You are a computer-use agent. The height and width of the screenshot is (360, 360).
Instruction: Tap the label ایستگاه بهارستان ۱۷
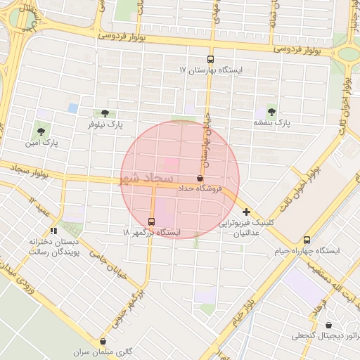pos(211,71)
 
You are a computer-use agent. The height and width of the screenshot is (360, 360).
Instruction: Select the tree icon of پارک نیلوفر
pos(105,113)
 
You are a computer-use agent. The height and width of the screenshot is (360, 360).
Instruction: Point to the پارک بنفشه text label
pos(272,123)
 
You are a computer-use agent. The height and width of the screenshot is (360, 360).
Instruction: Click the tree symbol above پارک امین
pos(40,131)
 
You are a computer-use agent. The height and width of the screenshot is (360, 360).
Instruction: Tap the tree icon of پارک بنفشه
pos(272,112)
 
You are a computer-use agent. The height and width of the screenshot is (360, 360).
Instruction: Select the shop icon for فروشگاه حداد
pos(201,178)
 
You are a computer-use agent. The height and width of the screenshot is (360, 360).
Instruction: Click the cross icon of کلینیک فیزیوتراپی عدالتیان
pos(246,211)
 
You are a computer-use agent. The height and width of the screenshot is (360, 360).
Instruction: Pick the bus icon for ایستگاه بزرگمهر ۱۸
pos(152,221)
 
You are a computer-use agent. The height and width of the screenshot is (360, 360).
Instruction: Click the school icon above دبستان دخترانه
pos(53,231)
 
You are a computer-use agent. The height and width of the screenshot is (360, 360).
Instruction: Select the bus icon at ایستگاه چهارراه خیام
pos(307,240)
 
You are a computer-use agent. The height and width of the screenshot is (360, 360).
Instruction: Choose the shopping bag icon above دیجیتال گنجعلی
pos(329,325)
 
